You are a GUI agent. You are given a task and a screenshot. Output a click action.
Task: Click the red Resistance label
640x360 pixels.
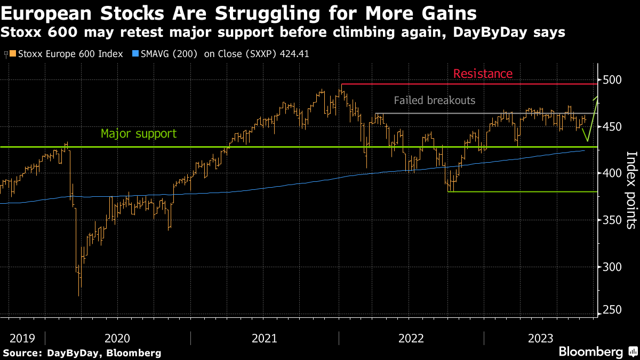(483, 74)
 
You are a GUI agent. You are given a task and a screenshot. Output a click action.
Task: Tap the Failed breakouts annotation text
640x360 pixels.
(434, 100)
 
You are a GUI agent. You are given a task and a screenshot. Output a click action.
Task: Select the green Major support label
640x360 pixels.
(139, 133)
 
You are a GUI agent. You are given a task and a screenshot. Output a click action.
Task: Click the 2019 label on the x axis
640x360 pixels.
(22, 338)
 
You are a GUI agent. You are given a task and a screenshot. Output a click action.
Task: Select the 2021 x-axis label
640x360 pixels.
(264, 338)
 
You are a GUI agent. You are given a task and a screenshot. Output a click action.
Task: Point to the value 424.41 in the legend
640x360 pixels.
(294, 54)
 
